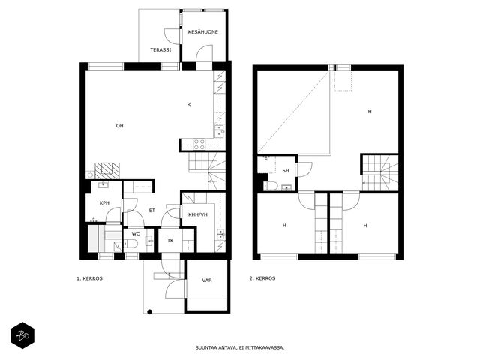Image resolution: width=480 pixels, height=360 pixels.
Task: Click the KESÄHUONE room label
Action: click(203, 31)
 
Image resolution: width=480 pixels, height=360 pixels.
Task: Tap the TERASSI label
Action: click(160, 49)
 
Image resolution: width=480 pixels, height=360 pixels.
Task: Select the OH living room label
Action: click(119, 126)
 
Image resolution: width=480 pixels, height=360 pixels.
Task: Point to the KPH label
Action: click(104, 203)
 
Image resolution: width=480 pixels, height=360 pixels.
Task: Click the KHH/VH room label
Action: click(198, 214)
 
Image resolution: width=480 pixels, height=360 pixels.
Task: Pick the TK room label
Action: click(170, 241)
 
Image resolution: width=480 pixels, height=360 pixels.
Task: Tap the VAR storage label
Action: click(207, 280)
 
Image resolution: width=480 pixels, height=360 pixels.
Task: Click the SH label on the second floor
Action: click(286, 171)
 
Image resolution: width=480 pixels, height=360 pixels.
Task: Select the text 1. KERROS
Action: click(89, 278)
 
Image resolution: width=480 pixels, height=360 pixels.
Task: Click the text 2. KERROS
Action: click(262, 278)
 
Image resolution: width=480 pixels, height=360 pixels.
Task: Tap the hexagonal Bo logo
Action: click(22, 335)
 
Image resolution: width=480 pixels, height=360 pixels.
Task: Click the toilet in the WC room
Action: click(131, 244)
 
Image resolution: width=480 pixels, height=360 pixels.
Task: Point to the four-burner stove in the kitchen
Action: click(199, 145)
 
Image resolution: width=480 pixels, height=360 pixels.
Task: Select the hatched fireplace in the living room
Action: click(106, 171)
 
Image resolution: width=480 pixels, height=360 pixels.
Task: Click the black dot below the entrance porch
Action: click(150, 312)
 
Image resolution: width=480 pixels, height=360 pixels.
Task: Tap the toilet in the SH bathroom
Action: click(271, 185)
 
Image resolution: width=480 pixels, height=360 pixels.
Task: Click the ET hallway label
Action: click(151, 211)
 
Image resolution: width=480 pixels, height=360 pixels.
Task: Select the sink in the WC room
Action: click(149, 241)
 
